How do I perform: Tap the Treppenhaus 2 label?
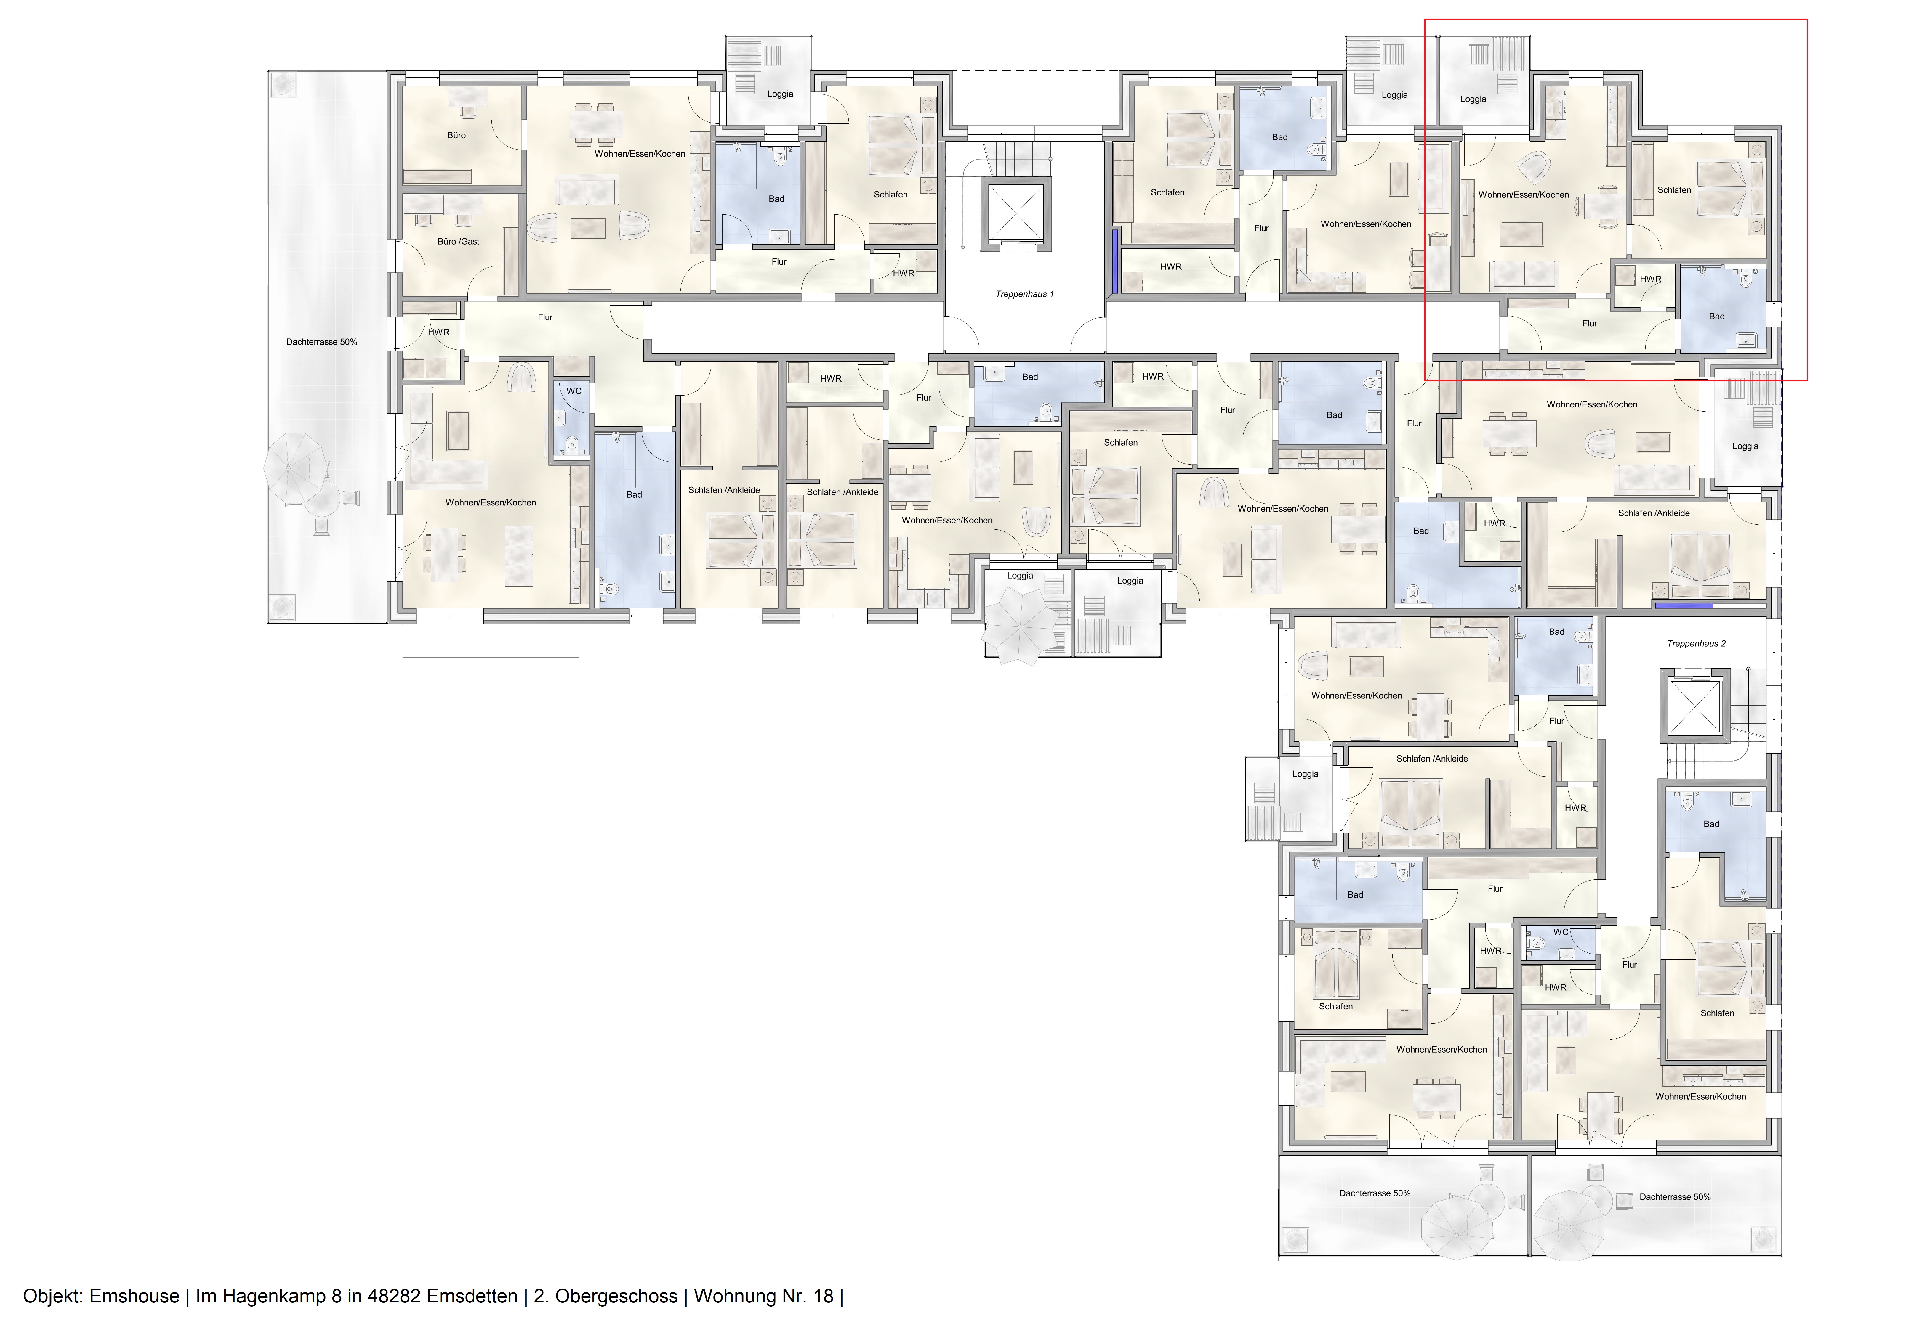[1696, 643]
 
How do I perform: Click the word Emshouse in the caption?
[134, 1296]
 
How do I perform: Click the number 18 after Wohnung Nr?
[823, 1296]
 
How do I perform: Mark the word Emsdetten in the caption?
[472, 1296]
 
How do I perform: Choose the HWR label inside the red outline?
[1650, 279]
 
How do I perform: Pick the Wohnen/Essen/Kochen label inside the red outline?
[1524, 195]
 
